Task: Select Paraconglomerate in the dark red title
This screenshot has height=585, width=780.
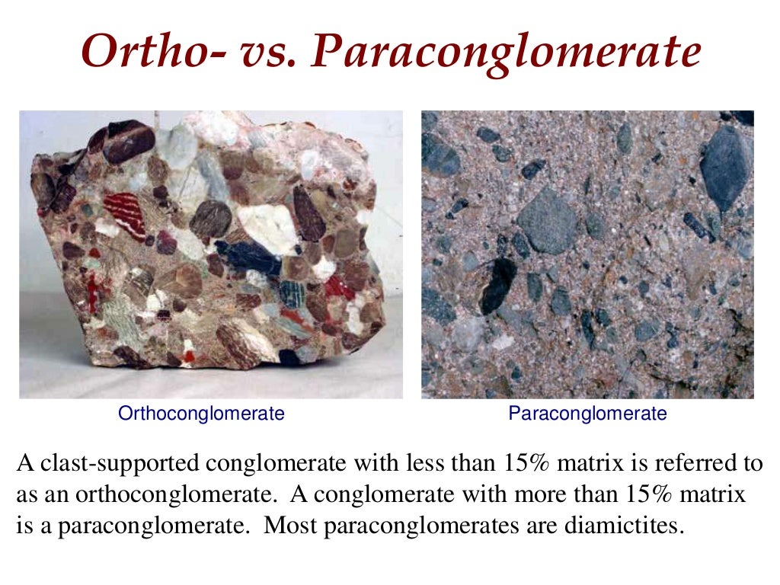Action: click(506, 53)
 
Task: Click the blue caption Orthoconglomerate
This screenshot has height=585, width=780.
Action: click(201, 414)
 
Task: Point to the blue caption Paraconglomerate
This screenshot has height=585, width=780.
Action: click(587, 414)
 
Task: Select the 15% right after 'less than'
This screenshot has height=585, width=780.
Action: click(524, 462)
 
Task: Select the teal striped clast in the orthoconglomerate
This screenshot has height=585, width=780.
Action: click(292, 293)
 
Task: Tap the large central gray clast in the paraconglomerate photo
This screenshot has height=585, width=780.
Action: click(547, 220)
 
